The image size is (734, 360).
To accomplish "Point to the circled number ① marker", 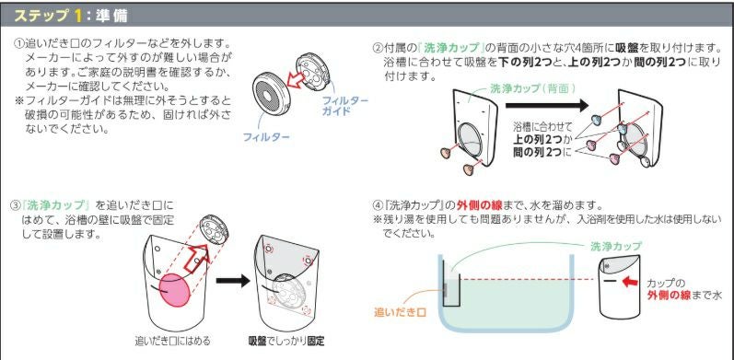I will (x=18, y=44).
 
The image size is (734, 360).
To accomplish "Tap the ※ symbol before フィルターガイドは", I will (x=18, y=99).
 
